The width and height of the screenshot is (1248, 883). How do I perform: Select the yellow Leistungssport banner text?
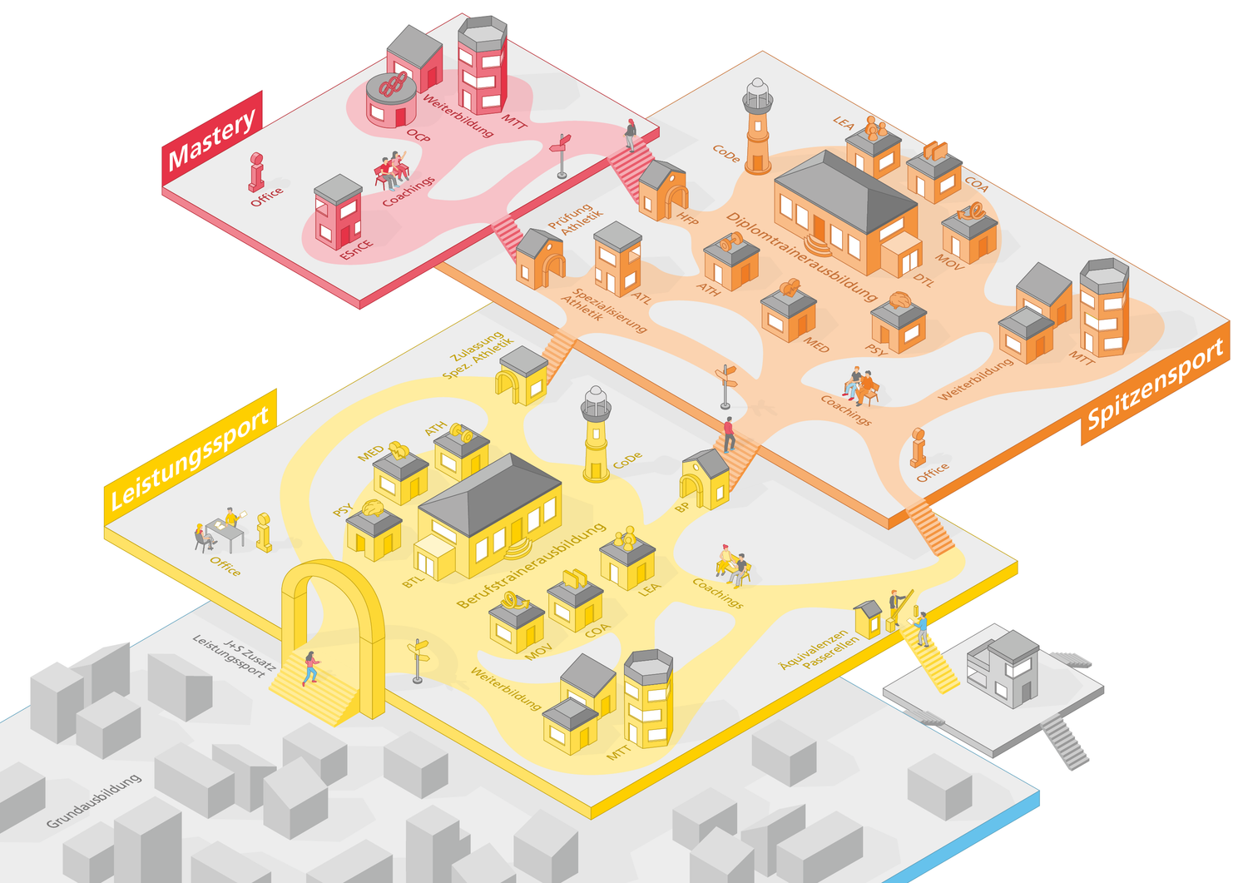(x=190, y=458)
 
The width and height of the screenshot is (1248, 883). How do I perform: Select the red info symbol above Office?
(x=257, y=172)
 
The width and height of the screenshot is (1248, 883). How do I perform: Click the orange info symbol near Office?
(x=918, y=447)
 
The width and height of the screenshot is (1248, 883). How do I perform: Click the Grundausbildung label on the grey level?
(x=93, y=801)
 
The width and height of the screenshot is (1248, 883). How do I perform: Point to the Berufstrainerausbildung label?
(x=530, y=566)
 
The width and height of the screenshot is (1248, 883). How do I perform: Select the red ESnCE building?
(x=338, y=213)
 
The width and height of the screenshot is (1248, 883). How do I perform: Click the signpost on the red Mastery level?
(x=562, y=155)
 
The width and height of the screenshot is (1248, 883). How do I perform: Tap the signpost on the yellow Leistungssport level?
(x=418, y=661)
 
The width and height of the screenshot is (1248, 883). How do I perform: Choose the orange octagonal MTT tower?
(x=1104, y=307)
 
